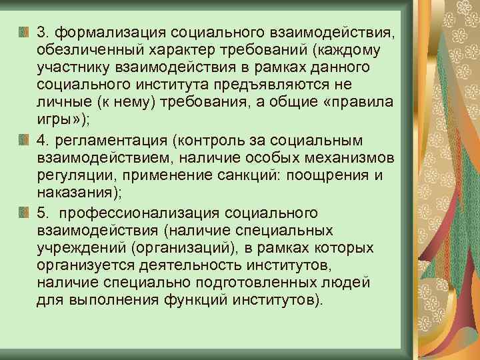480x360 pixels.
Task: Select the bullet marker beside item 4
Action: [24, 139]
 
